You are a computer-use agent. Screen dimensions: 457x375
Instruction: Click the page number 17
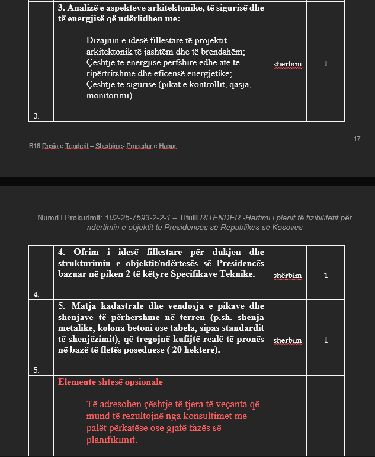[357, 139]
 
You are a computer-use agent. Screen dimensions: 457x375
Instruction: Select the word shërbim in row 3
[287, 64]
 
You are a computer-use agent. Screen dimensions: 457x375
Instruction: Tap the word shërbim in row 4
[287, 276]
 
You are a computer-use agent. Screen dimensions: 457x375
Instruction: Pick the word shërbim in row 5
[287, 340]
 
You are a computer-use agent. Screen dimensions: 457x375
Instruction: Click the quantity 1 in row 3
[326, 64]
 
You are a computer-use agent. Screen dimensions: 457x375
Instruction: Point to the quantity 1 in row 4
[326, 276]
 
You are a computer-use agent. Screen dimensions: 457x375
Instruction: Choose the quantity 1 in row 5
[326, 340]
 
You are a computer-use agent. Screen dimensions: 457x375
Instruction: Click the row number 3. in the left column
[36, 116]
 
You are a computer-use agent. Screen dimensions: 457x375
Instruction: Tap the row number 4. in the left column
[36, 295]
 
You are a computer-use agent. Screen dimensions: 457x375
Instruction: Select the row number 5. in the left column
[36, 370]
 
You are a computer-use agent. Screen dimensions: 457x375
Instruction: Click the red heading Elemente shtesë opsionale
[110, 382]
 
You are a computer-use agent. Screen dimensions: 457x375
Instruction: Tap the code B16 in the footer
[34, 146]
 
